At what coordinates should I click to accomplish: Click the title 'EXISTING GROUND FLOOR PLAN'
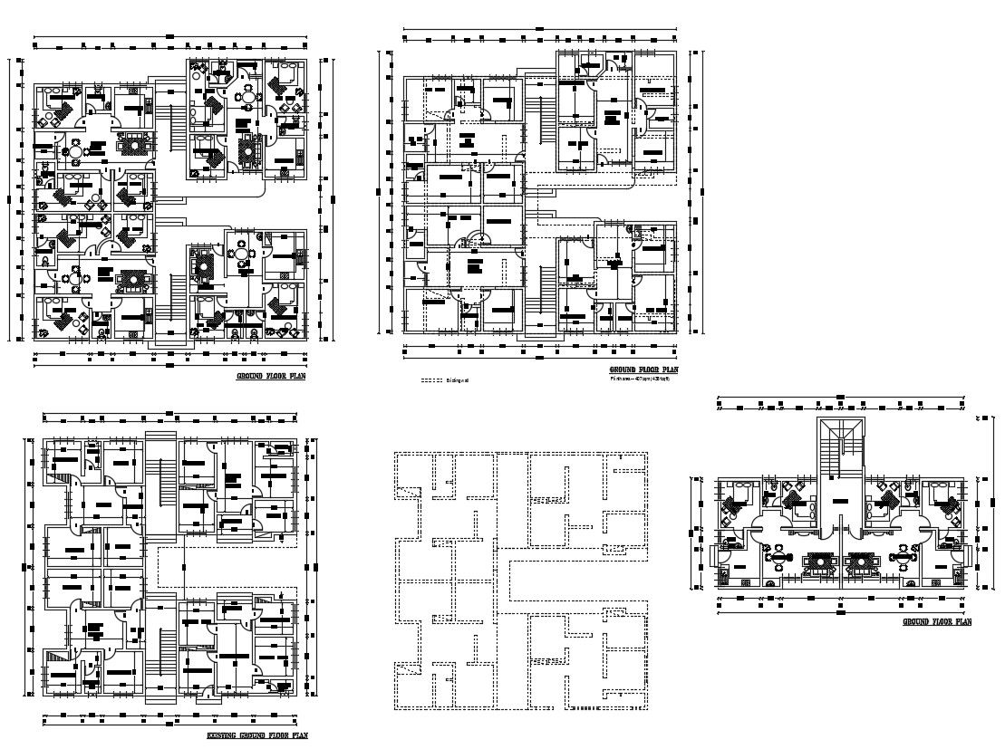[256, 735]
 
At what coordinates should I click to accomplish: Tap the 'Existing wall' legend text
[457, 380]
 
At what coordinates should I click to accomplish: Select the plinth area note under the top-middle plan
[642, 379]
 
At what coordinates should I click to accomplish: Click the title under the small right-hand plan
[937, 622]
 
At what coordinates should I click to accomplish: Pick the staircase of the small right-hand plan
[842, 447]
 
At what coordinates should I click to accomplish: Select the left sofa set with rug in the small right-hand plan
[821, 562]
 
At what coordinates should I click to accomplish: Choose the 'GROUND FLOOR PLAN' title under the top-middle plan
[643, 370]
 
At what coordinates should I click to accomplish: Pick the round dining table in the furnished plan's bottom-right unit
[242, 255]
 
